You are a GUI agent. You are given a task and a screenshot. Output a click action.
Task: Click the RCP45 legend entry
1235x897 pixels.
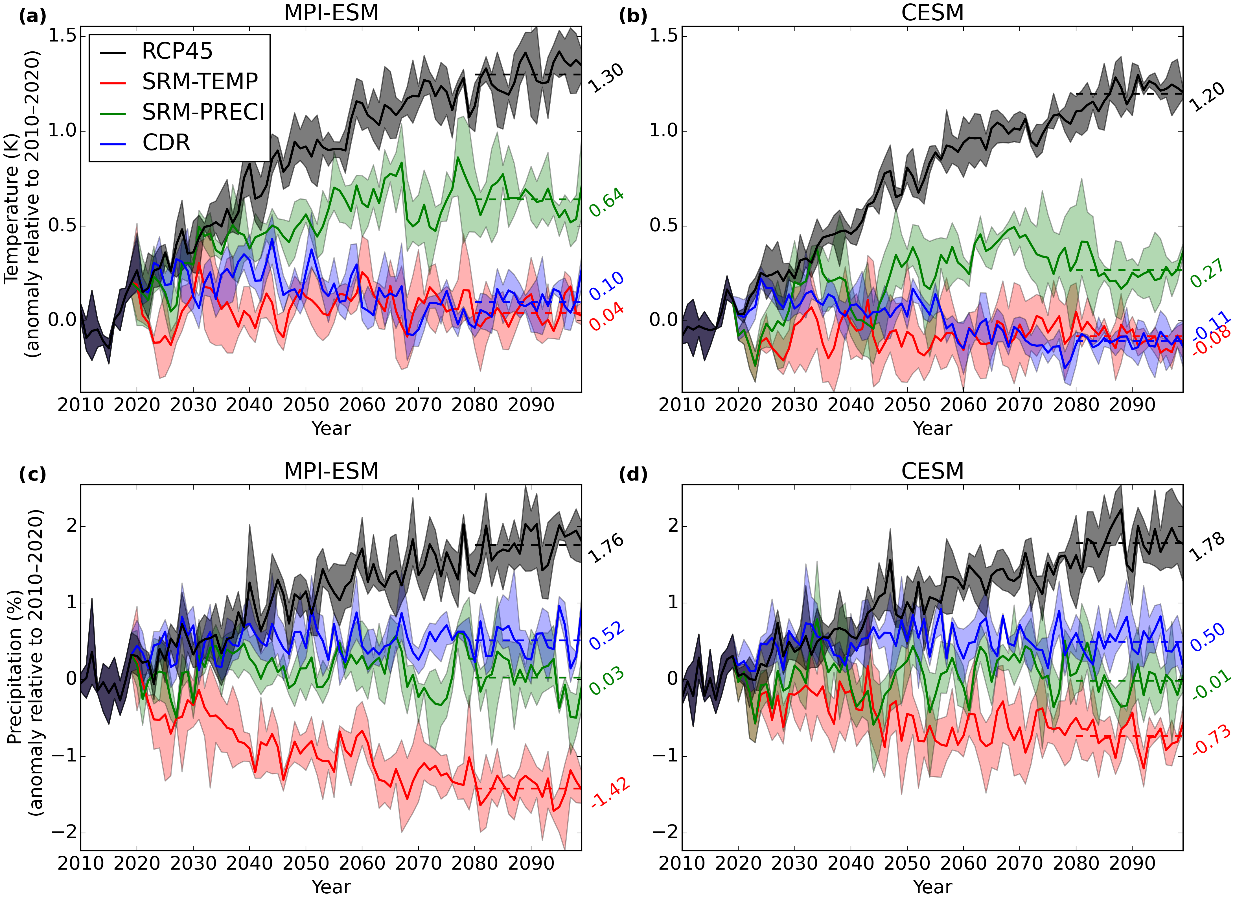tap(177, 51)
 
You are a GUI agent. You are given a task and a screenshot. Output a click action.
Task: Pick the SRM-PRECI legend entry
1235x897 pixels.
tap(203, 112)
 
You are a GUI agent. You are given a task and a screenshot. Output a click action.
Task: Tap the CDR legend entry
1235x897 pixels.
tap(166, 143)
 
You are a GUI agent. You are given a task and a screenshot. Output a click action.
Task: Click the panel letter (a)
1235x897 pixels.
tap(33, 16)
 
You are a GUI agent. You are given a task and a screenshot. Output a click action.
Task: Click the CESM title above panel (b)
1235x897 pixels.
tap(932, 12)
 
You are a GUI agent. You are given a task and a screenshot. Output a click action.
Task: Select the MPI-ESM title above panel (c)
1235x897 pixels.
tap(331, 471)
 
